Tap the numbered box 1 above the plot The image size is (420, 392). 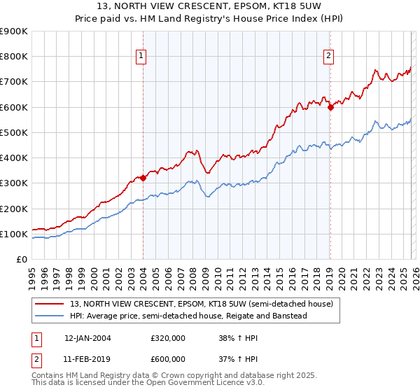pos(142,57)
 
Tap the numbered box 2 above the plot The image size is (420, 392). pos(328,57)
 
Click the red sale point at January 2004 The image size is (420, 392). pos(143,178)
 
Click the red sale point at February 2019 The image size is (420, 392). pos(330,107)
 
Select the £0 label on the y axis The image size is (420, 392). pos(21,260)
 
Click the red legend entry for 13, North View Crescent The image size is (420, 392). pos(205,304)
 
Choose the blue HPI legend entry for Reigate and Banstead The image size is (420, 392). pos(188,316)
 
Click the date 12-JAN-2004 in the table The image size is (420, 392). pos(87,338)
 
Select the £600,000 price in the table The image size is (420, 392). pos(168,359)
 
